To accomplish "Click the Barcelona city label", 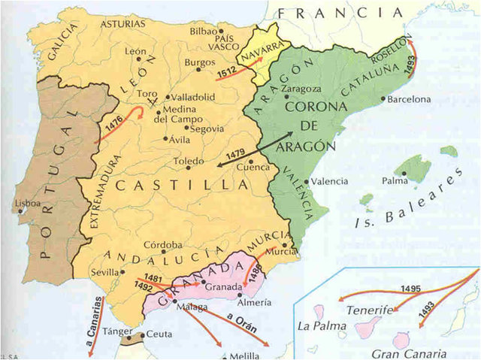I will click(x=410, y=98).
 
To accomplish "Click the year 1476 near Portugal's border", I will click(x=115, y=126).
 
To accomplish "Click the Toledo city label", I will click(x=188, y=161).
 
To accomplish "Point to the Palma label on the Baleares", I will click(x=394, y=181).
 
